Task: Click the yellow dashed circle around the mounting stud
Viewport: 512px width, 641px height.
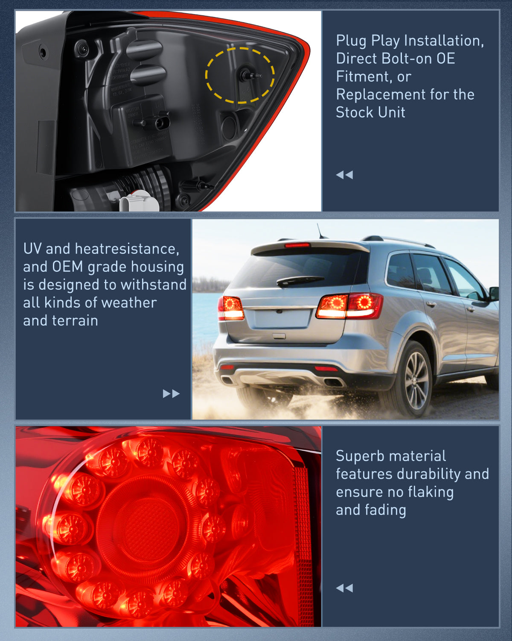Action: tap(240, 76)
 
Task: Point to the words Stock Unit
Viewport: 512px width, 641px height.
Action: tap(370, 112)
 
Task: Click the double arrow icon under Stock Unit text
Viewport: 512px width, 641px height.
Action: tap(344, 175)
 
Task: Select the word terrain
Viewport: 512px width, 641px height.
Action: tap(78, 320)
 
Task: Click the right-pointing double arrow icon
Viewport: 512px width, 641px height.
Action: tap(171, 394)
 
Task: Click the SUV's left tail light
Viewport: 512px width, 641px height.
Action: tap(231, 308)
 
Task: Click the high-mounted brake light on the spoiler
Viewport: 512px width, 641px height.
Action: tap(297, 245)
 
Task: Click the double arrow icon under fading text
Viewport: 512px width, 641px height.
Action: tap(344, 588)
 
